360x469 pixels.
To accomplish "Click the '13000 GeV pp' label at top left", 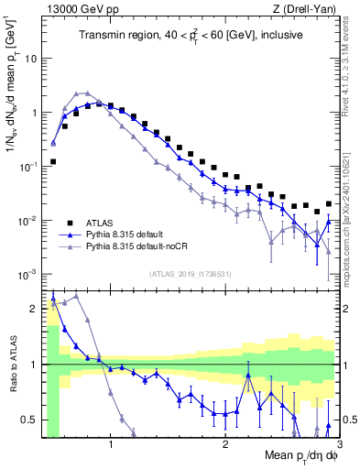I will point(78,9).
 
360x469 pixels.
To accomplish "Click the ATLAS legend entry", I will point(102,223).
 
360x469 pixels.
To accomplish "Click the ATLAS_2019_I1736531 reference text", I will point(191,272).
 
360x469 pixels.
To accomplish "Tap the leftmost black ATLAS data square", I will point(53,161).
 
